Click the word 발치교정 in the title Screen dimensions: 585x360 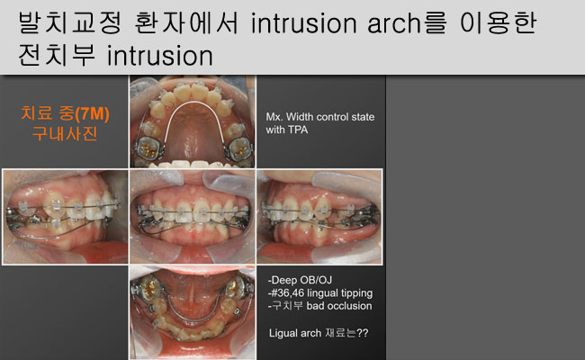point(70,23)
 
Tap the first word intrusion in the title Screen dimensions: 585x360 point(303,23)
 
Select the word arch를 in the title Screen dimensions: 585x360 point(407,23)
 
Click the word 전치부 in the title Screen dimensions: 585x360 point(57,56)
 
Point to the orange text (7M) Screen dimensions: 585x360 point(92,113)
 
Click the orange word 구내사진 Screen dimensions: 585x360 point(65,133)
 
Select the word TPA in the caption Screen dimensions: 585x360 point(297,130)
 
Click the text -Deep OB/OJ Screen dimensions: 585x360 point(300,280)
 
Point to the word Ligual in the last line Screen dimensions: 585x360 point(282,333)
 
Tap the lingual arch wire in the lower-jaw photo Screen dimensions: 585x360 point(192,320)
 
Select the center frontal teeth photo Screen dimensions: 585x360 point(193,217)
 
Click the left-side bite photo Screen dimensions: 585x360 point(66,217)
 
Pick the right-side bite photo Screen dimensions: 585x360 point(319,217)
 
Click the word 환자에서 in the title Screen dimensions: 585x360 point(185,23)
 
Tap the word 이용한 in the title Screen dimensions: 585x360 point(499,23)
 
